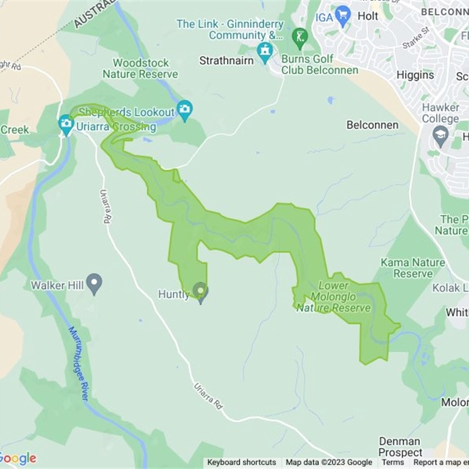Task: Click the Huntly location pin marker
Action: click(200, 292)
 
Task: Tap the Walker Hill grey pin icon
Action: click(94, 284)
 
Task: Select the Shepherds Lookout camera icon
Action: click(185, 110)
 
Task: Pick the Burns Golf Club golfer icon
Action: click(300, 38)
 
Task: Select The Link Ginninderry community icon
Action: click(265, 51)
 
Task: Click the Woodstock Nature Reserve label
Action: click(141, 69)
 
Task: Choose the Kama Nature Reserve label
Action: click(412, 268)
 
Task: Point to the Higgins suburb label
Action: click(415, 75)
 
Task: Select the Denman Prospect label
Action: click(400, 447)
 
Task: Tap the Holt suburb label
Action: click(368, 16)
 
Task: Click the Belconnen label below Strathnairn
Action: click(372, 125)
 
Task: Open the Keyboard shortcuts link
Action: click(242, 463)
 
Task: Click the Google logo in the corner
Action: click(19, 458)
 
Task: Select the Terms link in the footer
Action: click(393, 463)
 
